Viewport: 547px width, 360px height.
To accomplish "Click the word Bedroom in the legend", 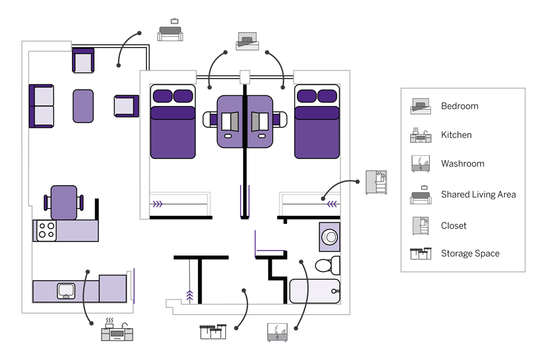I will [459, 107].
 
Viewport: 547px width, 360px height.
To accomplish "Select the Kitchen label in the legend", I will [456, 135].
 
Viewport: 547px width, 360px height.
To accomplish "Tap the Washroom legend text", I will [462, 164].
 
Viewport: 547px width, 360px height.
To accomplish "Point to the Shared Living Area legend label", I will [478, 195].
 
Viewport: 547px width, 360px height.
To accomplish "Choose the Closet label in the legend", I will [454, 226].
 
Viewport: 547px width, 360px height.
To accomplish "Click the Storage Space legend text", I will [470, 253].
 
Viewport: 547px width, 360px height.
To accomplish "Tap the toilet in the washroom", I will [328, 265].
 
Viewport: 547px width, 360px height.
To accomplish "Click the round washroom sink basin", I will [329, 237].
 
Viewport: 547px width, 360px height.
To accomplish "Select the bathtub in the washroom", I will [315, 291].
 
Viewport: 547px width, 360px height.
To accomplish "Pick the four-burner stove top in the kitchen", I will [46, 230].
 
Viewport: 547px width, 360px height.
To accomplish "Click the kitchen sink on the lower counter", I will [65, 291].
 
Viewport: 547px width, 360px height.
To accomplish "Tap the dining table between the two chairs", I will [64, 202].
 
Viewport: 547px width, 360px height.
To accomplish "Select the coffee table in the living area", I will [83, 106].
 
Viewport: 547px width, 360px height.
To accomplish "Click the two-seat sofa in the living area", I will [41, 106].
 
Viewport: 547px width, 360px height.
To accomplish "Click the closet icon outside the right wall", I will [376, 182].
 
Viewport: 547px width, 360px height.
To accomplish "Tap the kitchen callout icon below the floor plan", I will [117, 330].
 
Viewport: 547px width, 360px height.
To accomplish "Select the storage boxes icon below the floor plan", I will [213, 331].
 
